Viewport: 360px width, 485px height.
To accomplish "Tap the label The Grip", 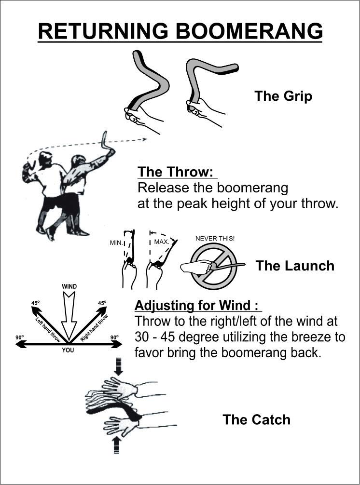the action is click(283, 96).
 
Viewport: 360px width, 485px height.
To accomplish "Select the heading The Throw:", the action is click(177, 172).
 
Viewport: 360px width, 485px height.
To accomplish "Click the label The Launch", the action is click(295, 266).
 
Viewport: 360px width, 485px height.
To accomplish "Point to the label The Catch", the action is click(257, 419).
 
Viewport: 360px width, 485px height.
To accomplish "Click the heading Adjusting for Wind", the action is click(196, 305).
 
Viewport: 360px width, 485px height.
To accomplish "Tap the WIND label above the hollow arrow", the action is click(69, 286).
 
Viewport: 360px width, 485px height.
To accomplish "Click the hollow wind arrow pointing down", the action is click(69, 315).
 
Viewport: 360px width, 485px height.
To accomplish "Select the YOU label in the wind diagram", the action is click(68, 350).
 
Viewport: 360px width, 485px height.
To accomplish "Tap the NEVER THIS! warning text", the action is click(215, 239).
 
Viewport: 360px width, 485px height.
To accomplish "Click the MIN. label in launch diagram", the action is click(116, 243).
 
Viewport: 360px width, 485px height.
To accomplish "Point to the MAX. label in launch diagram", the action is click(162, 242).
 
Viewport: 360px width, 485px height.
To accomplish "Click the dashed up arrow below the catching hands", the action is click(116, 445).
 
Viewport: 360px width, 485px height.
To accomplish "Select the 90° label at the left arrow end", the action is click(19, 337).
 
